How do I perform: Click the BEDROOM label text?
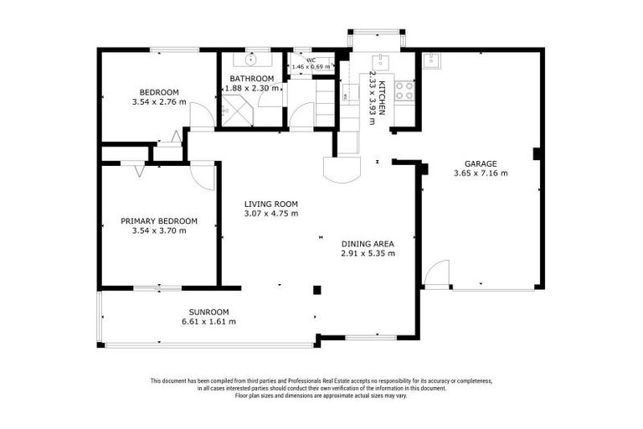[158, 92]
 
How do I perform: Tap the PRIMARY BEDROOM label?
[159, 221]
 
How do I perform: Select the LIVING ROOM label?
[270, 204]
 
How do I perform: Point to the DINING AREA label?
[368, 243]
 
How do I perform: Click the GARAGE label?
[481, 163]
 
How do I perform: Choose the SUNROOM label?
[208, 312]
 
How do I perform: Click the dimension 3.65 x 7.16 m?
[481, 173]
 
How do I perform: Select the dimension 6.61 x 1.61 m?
[208, 322]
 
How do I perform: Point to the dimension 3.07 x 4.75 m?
[270, 214]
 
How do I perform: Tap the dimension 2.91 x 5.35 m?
[368, 253]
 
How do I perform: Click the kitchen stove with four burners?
[404, 90]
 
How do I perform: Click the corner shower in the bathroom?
[233, 111]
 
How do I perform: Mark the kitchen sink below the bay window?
[381, 60]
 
